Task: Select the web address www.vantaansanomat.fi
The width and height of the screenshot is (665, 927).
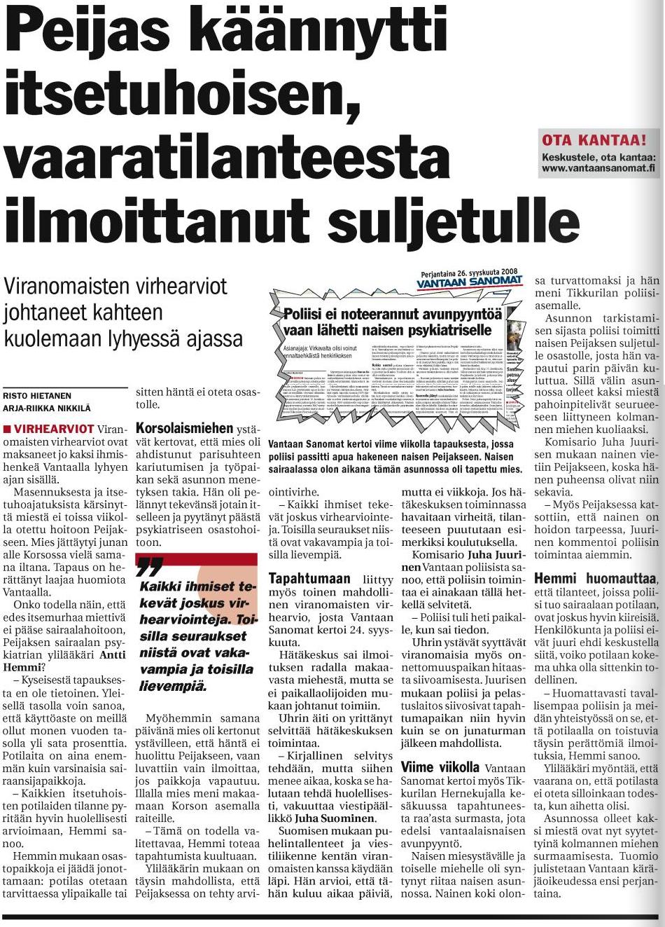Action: [598, 168]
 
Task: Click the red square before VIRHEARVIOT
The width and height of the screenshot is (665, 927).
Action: [7, 428]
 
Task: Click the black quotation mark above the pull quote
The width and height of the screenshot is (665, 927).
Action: [150, 564]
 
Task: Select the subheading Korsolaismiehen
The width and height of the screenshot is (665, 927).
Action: [184, 427]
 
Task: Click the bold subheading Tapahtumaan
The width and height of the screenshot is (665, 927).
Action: [309, 579]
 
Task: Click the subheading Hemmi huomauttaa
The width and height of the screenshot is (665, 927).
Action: [596, 579]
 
